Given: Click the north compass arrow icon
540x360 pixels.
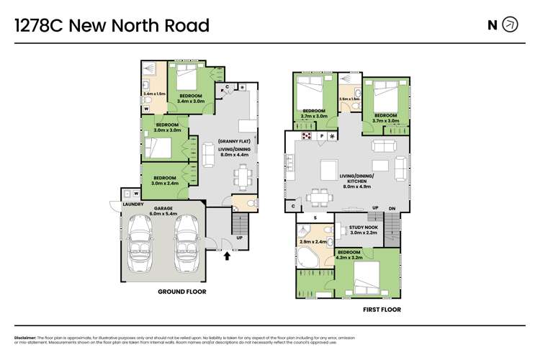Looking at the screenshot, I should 510,25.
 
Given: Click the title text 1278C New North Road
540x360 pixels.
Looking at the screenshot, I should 112,26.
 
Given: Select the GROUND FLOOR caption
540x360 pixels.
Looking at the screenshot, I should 181,292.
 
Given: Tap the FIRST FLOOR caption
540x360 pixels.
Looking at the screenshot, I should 382,310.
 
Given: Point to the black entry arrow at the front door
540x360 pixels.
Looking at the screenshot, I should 228,255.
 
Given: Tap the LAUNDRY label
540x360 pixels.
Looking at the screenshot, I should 132,204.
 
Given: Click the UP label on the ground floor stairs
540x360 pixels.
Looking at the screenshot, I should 239,238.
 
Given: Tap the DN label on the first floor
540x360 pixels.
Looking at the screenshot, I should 392,208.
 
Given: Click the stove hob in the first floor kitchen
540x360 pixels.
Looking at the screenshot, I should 305,135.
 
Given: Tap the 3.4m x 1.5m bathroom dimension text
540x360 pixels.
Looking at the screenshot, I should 154,94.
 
